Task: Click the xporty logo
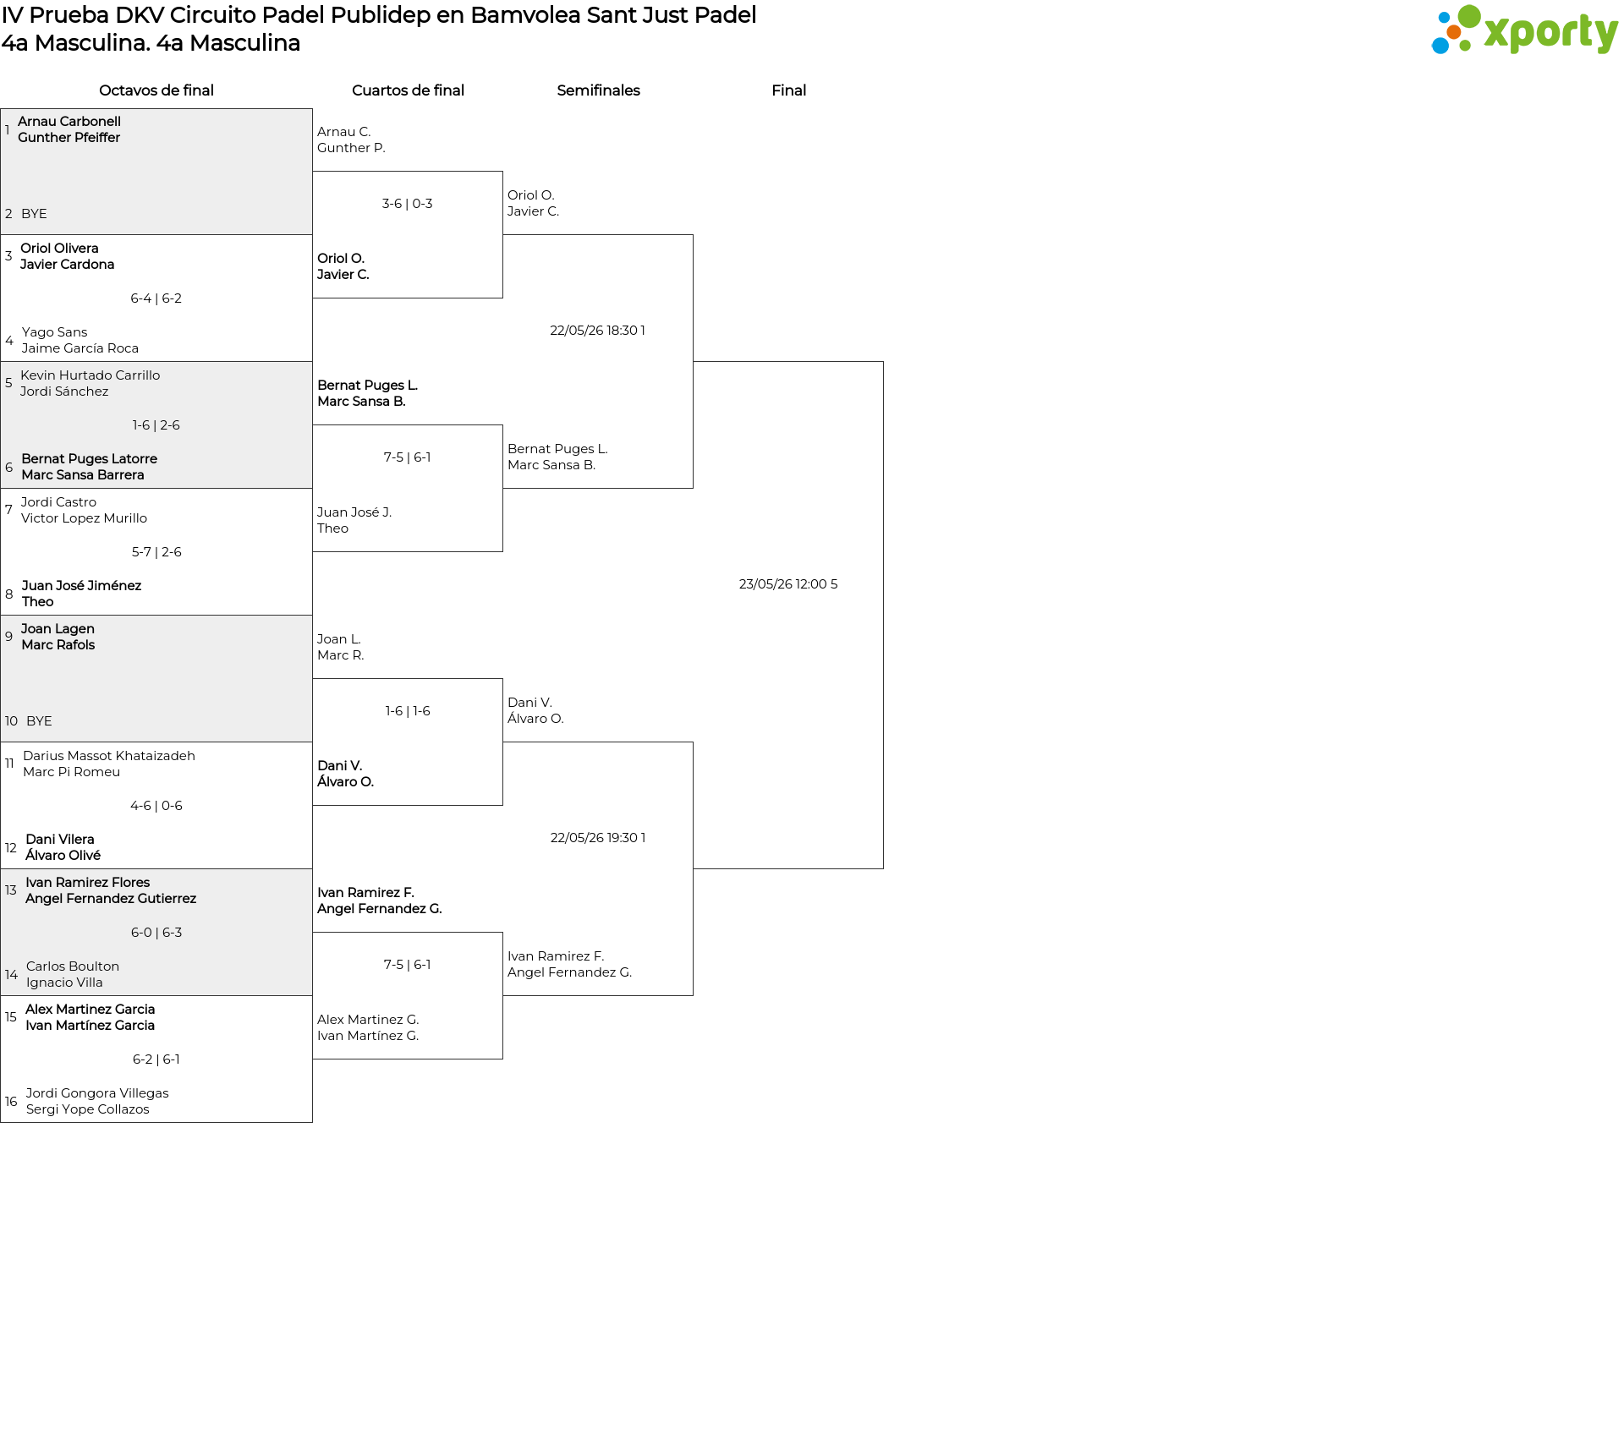pyautogui.click(x=1524, y=30)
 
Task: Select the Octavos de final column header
pyautogui.click(x=156, y=90)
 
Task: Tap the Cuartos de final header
pyautogui.click(x=408, y=90)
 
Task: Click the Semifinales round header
pyautogui.click(x=598, y=90)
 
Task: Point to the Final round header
pyautogui.click(x=788, y=90)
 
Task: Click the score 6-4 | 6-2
pyautogui.click(x=156, y=298)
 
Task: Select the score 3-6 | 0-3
pyautogui.click(x=408, y=204)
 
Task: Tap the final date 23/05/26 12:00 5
pyautogui.click(x=788, y=584)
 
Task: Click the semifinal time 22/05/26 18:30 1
pyautogui.click(x=598, y=331)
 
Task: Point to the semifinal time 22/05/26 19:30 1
pyautogui.click(x=598, y=838)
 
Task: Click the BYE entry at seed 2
pyautogui.click(x=34, y=214)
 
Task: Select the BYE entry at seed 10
pyautogui.click(x=39, y=721)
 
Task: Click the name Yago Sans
pyautogui.click(x=55, y=332)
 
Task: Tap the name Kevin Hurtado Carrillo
pyautogui.click(x=91, y=375)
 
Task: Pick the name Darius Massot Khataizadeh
pyautogui.click(x=109, y=756)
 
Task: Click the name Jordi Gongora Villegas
pyautogui.click(x=97, y=1093)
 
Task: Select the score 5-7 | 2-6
pyautogui.click(x=156, y=552)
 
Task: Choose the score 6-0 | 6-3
pyautogui.click(x=156, y=933)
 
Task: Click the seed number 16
pyautogui.click(x=11, y=1102)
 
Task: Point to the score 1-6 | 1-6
pyautogui.click(x=408, y=711)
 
